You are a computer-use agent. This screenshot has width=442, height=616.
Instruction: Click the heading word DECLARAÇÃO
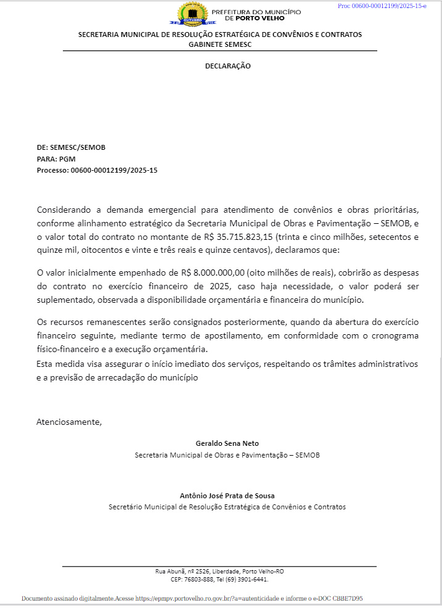(228, 66)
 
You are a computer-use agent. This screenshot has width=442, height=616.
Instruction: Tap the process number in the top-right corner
(382, 6)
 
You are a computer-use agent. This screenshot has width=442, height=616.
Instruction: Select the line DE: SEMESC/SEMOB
(71, 147)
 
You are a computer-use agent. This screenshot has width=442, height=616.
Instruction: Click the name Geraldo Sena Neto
(227, 443)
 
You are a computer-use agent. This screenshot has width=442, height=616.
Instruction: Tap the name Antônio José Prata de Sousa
(227, 496)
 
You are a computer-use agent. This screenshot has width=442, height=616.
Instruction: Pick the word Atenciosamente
(68, 422)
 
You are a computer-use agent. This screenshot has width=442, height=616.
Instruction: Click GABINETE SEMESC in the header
(220, 44)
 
